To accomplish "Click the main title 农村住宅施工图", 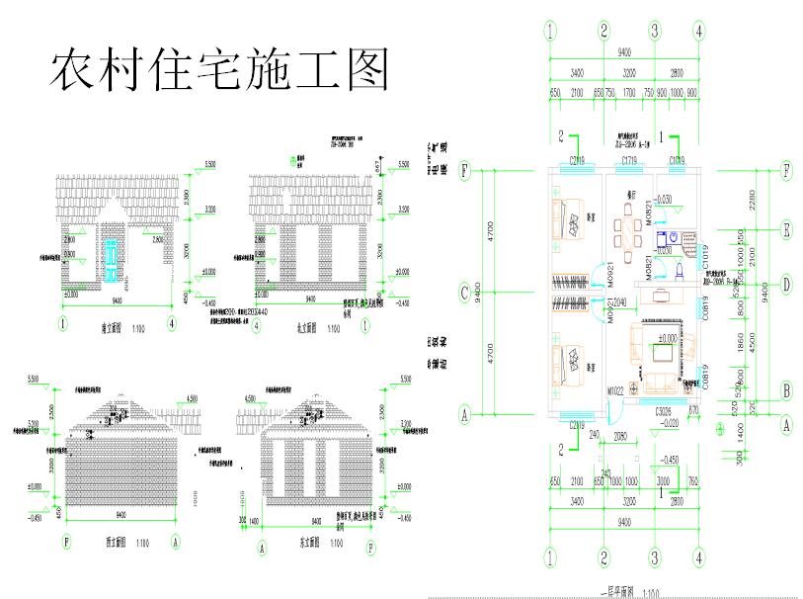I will click(x=219, y=70).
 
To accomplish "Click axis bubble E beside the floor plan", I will click(x=786, y=231).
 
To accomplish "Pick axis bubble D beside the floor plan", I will click(x=786, y=285).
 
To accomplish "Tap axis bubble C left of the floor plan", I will click(x=464, y=293).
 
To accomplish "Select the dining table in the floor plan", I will click(x=626, y=229).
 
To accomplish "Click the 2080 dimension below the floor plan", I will click(x=619, y=435).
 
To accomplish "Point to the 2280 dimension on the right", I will click(x=754, y=200).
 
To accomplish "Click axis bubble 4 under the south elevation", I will click(x=172, y=323).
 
